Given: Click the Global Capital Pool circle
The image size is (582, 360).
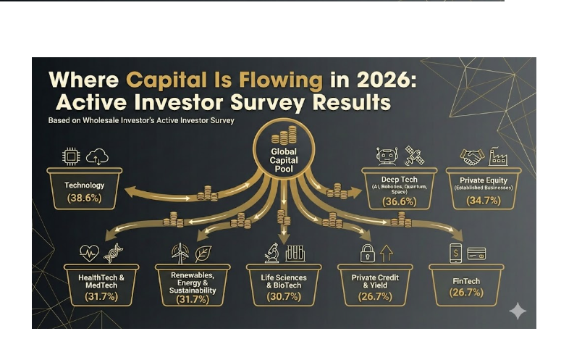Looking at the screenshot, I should click(283, 151).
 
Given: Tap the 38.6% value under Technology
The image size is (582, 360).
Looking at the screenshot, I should click(84, 198).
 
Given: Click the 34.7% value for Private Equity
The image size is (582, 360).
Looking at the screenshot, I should click(483, 200).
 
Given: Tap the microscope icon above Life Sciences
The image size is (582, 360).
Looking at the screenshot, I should click(271, 252).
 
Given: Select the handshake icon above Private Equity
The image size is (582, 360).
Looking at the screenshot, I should click(471, 156).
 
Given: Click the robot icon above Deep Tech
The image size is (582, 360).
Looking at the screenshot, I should click(386, 156).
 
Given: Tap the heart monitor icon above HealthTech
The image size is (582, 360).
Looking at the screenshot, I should click(88, 253).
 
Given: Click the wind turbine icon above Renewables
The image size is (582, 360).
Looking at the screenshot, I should click(180, 252).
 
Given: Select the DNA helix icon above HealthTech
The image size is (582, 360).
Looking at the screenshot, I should click(114, 253).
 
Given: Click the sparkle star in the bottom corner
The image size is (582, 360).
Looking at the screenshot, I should click(518, 311).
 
